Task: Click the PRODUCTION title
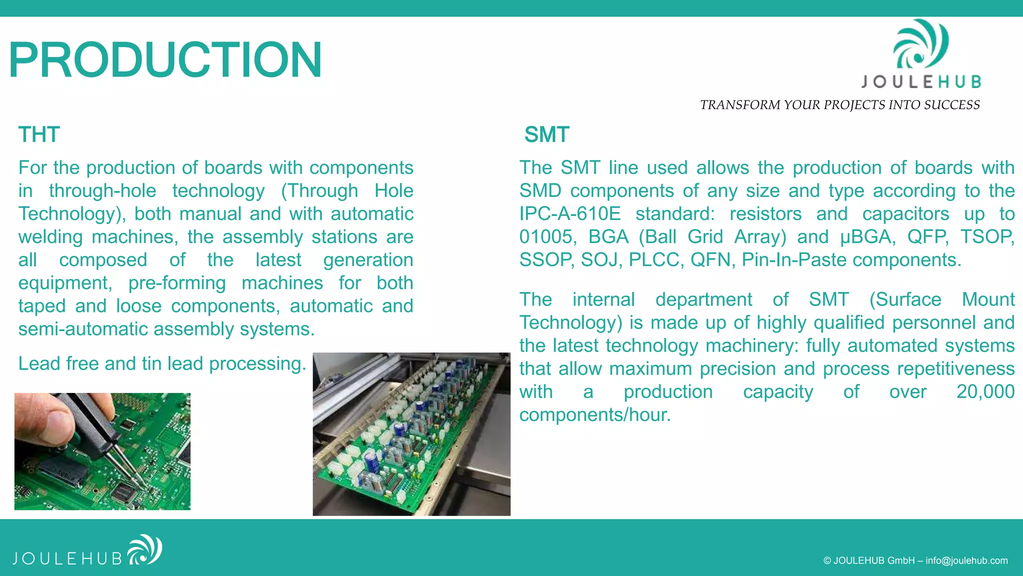[x=165, y=60]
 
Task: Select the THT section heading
[x=39, y=134]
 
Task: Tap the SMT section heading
[x=546, y=134]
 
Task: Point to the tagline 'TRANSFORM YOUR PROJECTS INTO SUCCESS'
[x=840, y=105]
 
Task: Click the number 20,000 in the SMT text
[x=985, y=391]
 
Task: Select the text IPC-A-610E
[x=570, y=214]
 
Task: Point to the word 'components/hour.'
[x=595, y=415]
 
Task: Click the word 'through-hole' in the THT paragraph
[x=102, y=191]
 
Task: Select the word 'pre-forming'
[x=177, y=283]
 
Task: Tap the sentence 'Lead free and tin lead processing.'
[x=162, y=363]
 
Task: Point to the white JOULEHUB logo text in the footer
[x=67, y=558]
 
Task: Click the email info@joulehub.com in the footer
[x=967, y=560]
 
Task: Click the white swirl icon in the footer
[x=145, y=549]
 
